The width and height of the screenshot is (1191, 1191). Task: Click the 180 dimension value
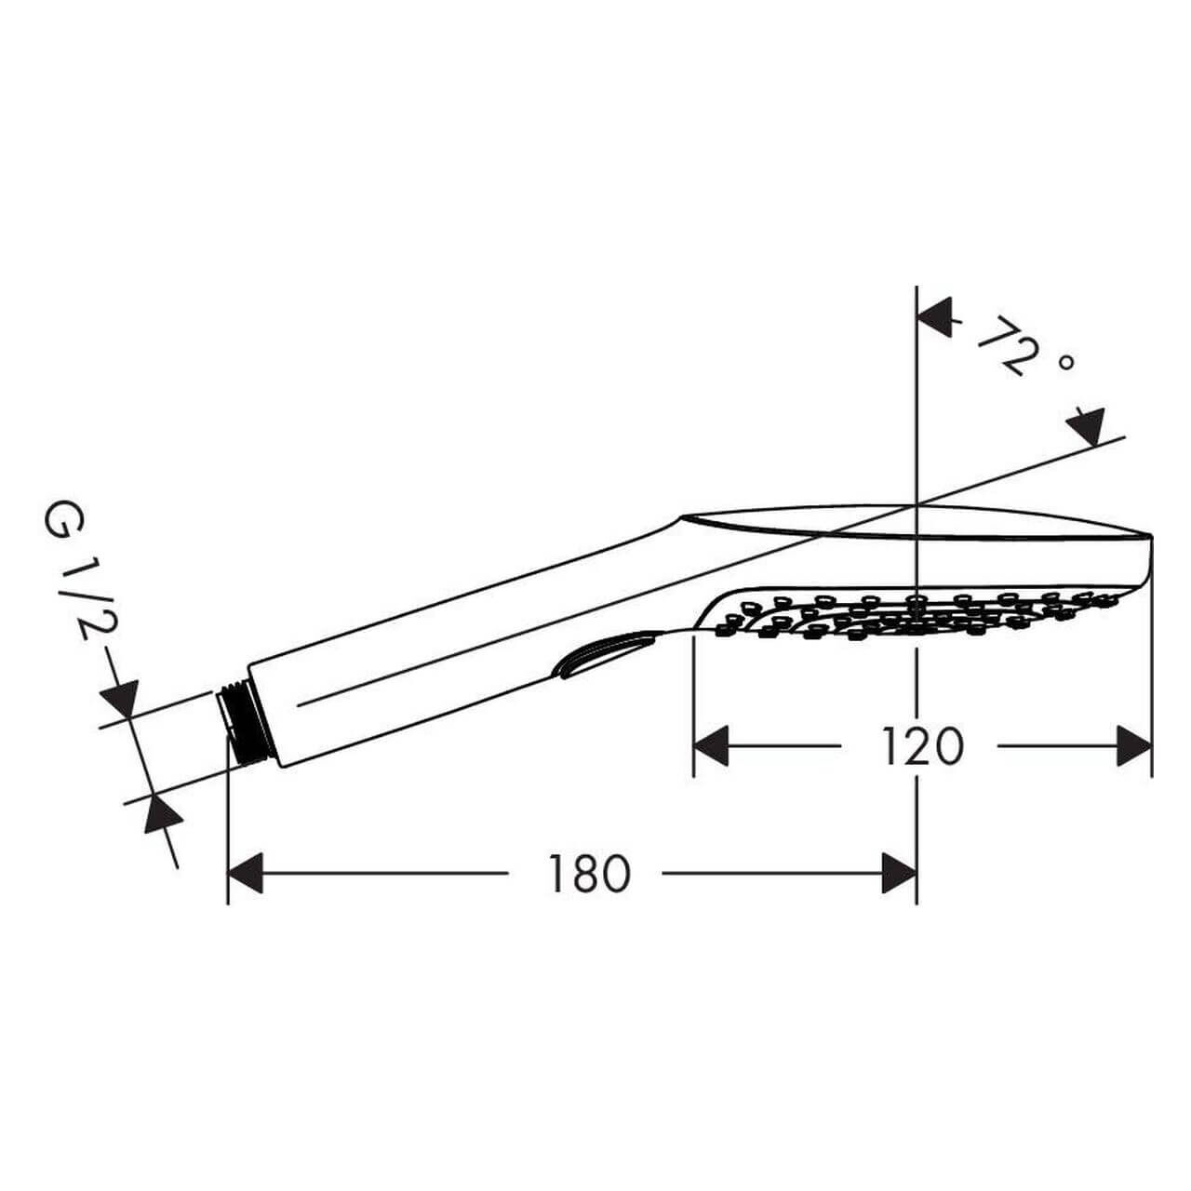point(588,874)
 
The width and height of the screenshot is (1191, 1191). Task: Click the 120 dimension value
point(922,746)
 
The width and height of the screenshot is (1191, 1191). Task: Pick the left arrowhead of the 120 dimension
point(712,746)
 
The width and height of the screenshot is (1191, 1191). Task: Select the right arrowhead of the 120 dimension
point(1134,746)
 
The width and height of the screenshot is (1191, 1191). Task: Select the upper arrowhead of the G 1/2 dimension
point(119,698)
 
